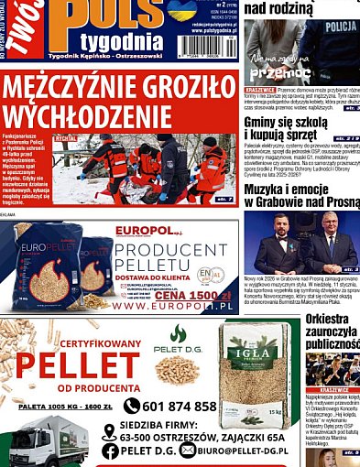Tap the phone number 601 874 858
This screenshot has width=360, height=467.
point(180,407)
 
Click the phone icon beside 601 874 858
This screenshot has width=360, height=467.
point(132,407)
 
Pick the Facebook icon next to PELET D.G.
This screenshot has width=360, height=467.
point(110,451)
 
